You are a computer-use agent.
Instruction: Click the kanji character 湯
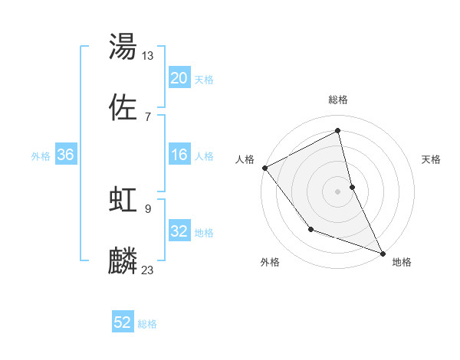[x=123, y=47]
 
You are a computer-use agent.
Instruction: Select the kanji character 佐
[x=123, y=108]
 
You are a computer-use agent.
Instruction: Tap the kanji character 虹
[x=123, y=200]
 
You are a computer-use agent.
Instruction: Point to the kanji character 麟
[x=123, y=261]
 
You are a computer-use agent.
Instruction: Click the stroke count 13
[x=148, y=55]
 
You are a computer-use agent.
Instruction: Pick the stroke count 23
[x=148, y=270]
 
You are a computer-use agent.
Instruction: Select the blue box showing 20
[x=179, y=78]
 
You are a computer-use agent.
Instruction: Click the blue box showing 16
[x=179, y=155]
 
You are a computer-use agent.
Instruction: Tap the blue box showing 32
[x=179, y=231]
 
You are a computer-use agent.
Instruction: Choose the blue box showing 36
[x=66, y=155]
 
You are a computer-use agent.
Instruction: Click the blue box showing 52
[x=123, y=323]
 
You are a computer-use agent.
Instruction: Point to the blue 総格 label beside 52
[x=147, y=324]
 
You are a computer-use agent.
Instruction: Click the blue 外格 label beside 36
[x=41, y=155]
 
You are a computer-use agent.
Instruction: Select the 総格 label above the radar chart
[x=338, y=100]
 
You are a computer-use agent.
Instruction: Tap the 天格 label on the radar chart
[x=432, y=159]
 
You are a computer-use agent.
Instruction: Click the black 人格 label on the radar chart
[x=245, y=159]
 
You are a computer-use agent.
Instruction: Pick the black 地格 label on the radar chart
[x=402, y=262]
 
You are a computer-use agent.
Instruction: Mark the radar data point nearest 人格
[x=264, y=168]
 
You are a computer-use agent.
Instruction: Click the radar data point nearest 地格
[x=383, y=253]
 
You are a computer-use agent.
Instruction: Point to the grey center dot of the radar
[x=338, y=191]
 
